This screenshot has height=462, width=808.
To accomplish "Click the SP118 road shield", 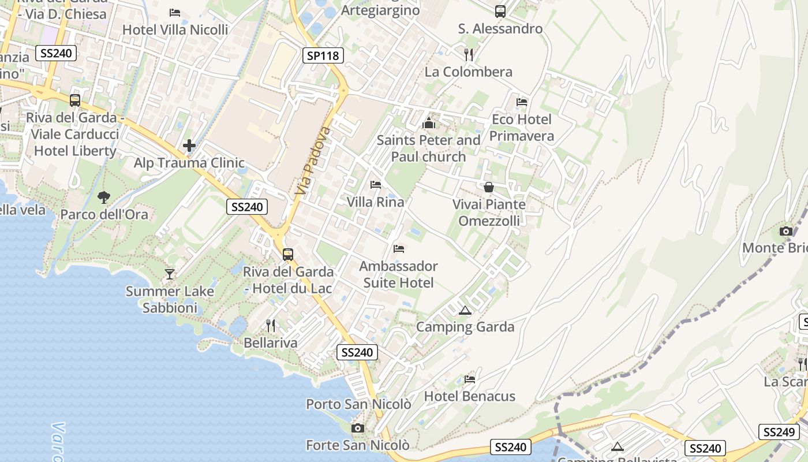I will pyautogui.click(x=323, y=55).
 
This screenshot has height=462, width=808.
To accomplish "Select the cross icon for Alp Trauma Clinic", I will pyautogui.click(x=189, y=146).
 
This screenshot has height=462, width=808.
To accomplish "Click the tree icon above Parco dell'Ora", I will pyautogui.click(x=104, y=198).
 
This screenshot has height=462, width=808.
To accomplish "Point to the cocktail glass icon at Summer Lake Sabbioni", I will pyautogui.click(x=170, y=274).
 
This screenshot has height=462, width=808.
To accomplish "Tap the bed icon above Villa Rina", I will pyautogui.click(x=376, y=185).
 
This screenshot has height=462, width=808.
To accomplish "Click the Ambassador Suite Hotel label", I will pyautogui.click(x=398, y=274).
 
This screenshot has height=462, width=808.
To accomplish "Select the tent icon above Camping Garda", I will pyautogui.click(x=465, y=310).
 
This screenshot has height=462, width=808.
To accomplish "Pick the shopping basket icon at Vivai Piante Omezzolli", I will pyautogui.click(x=489, y=187).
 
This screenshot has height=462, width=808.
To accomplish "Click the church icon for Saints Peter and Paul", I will pyautogui.click(x=428, y=123).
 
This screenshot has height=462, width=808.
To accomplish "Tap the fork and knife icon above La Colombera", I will pyautogui.click(x=469, y=55).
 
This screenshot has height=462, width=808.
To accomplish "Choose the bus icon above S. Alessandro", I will pyautogui.click(x=500, y=11).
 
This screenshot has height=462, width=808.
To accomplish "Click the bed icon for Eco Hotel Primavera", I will pyautogui.click(x=522, y=102).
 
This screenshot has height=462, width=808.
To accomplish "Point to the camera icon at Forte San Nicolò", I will pyautogui.click(x=358, y=428).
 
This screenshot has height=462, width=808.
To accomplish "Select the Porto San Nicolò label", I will pyautogui.click(x=358, y=404).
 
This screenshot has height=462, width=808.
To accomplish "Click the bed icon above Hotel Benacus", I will pyautogui.click(x=470, y=379).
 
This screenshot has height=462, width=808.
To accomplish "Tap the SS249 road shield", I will pyautogui.click(x=779, y=431).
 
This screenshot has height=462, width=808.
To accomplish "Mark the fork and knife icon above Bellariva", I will pyautogui.click(x=270, y=326).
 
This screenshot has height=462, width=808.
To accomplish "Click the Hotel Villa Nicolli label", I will pyautogui.click(x=175, y=29).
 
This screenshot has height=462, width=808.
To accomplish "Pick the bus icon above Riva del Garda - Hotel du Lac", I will pyautogui.click(x=287, y=254).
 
